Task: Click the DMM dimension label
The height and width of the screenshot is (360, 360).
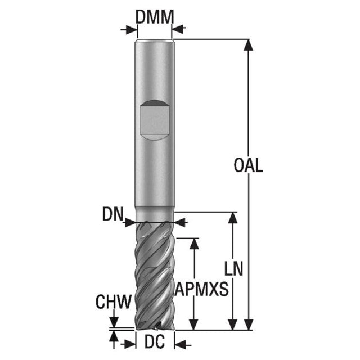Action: tap(155, 17)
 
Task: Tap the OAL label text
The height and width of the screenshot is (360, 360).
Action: tap(248, 165)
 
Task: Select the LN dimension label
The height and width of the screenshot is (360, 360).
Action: tap(233, 268)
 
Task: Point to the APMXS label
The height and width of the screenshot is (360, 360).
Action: tap(201, 289)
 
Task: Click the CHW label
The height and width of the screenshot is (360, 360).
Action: tap(114, 301)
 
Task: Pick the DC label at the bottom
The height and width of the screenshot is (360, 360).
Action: tap(155, 341)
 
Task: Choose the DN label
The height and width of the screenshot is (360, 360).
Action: tap(112, 214)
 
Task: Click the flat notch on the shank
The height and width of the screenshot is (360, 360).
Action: tap(155, 120)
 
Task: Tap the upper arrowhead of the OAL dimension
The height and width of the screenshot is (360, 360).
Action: tap(248, 45)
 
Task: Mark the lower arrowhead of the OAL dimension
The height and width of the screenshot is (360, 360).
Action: tap(248, 325)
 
